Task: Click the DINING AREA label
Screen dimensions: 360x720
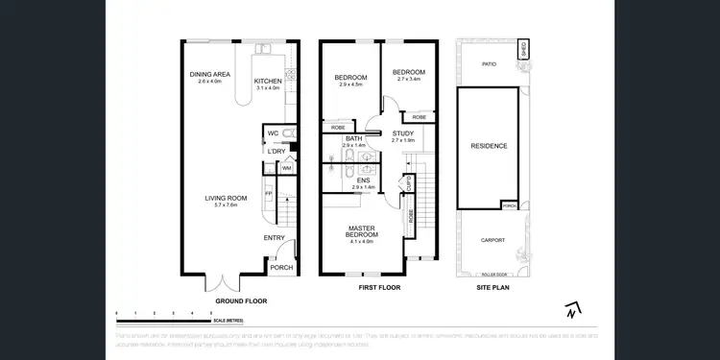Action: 209,75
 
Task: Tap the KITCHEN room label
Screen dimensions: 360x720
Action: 267,82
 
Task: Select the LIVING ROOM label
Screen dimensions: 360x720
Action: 226,199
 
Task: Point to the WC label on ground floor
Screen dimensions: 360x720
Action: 273,133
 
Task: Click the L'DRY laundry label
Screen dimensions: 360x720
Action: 276,151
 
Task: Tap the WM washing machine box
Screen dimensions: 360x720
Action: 286,168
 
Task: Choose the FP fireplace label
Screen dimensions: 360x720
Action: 268,193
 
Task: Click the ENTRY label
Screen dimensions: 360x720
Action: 274,238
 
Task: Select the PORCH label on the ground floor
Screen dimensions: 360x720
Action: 281,268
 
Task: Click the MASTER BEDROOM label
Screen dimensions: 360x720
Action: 362,229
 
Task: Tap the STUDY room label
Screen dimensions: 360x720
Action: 403,133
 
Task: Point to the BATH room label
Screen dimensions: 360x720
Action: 354,139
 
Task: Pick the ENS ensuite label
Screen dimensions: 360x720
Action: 363,180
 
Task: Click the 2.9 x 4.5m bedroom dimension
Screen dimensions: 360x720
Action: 352,85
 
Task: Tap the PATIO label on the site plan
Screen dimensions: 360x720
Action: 488,64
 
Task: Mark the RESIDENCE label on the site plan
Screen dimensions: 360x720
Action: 489,146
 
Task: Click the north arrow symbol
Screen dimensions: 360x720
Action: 571,309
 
